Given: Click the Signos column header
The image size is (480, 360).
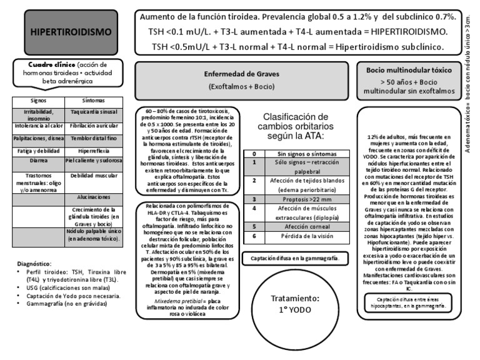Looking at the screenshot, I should coord(39,100).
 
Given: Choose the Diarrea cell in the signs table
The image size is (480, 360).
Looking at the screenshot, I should coord(39,159).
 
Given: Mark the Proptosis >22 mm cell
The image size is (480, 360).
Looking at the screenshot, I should coord(303,199).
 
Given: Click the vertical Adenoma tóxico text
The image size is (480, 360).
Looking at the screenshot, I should coord(469,94).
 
